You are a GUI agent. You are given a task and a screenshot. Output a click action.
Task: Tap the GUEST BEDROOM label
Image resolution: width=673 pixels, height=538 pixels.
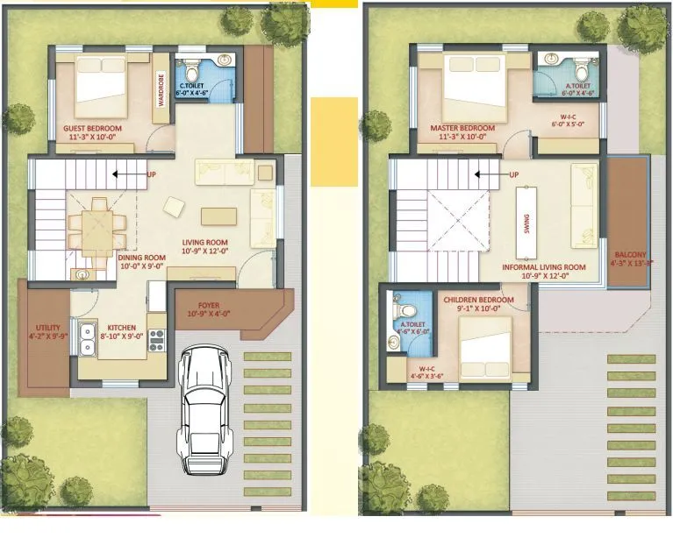pos(92,128)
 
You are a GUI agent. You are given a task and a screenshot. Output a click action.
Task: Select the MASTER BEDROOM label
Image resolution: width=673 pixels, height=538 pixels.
pos(462,128)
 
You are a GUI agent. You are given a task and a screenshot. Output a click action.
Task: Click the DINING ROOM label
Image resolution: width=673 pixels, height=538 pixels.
pos(142,258)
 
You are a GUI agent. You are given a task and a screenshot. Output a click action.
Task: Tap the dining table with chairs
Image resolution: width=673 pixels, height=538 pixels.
pos(97,226)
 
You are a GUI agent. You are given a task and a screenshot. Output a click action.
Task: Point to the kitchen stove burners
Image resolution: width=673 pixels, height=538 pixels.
pos(157,340)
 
